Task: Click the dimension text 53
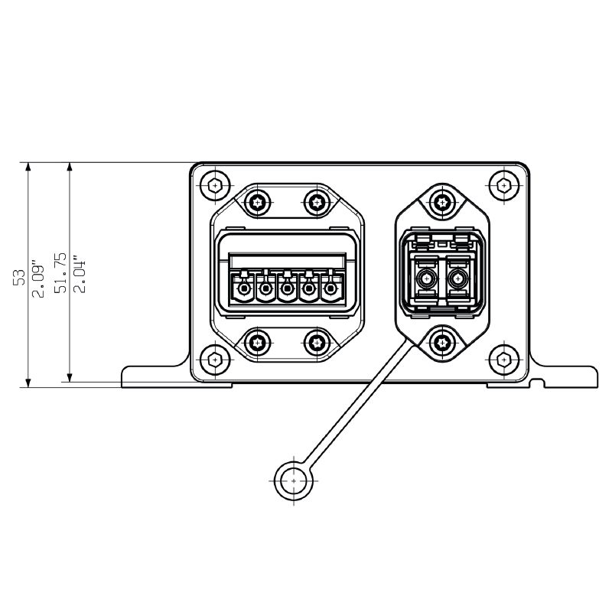tap(21, 276)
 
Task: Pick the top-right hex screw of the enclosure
tap(503, 184)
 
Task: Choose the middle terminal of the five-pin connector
tap(287, 290)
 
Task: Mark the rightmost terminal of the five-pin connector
tap(330, 290)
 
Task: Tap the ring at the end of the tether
tap(294, 480)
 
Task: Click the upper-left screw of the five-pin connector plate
tap(258, 202)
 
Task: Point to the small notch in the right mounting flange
tap(539, 380)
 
